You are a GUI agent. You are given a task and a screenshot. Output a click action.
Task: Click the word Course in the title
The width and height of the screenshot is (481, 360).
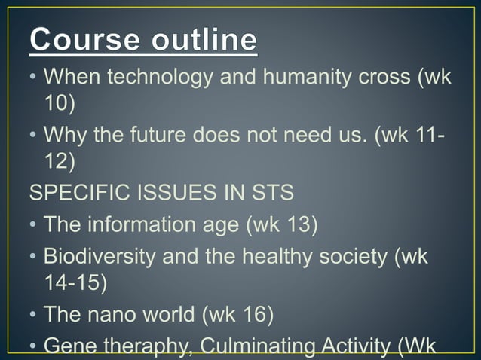point(81,39)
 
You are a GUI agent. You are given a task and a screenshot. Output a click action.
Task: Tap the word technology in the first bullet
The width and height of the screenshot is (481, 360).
point(150,78)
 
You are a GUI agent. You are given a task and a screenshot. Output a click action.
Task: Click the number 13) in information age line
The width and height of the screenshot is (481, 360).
point(298,224)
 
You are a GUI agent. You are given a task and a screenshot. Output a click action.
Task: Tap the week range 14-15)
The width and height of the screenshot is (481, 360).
point(75,282)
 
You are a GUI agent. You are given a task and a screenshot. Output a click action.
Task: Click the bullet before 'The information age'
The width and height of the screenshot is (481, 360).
point(34,224)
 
